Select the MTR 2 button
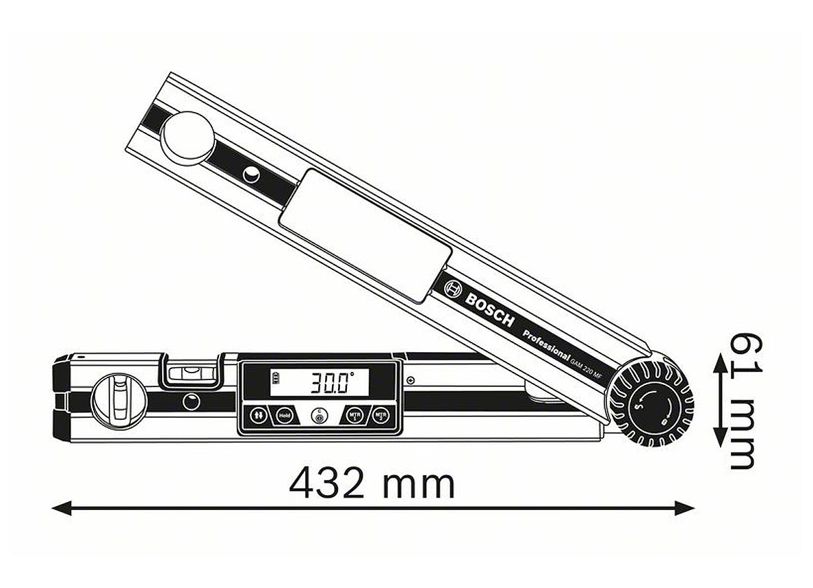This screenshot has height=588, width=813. point(380,415)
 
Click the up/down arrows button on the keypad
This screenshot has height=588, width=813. point(259,415)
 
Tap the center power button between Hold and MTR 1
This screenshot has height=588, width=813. point(318,416)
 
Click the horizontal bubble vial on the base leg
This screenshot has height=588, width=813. point(190,373)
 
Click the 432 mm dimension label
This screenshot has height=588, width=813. point(372,484)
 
